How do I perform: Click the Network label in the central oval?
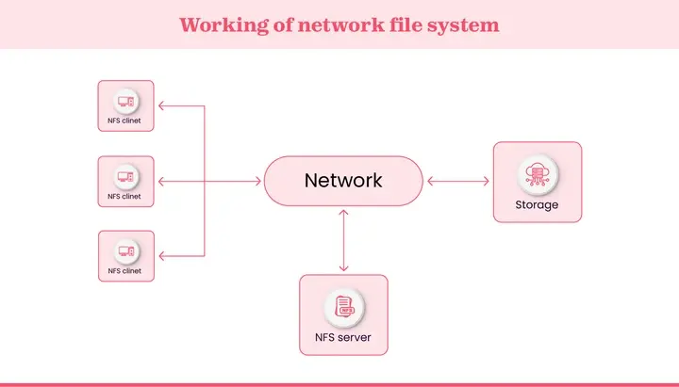click(343, 181)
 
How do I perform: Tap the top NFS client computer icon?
click(125, 100)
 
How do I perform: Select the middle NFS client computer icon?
click(125, 175)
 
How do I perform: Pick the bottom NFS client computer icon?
click(125, 250)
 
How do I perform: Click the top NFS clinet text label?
click(124, 121)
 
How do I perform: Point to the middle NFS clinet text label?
click(124, 197)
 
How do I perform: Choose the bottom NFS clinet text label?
click(124, 271)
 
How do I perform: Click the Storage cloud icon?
click(537, 174)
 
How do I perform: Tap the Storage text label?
click(537, 205)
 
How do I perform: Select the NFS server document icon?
click(343, 306)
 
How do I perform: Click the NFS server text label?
click(343, 337)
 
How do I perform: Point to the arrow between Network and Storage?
click(458, 181)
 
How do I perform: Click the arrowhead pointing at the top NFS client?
click(160, 105)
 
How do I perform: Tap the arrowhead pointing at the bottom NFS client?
click(160, 255)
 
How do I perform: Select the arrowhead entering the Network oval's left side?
click(258, 181)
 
